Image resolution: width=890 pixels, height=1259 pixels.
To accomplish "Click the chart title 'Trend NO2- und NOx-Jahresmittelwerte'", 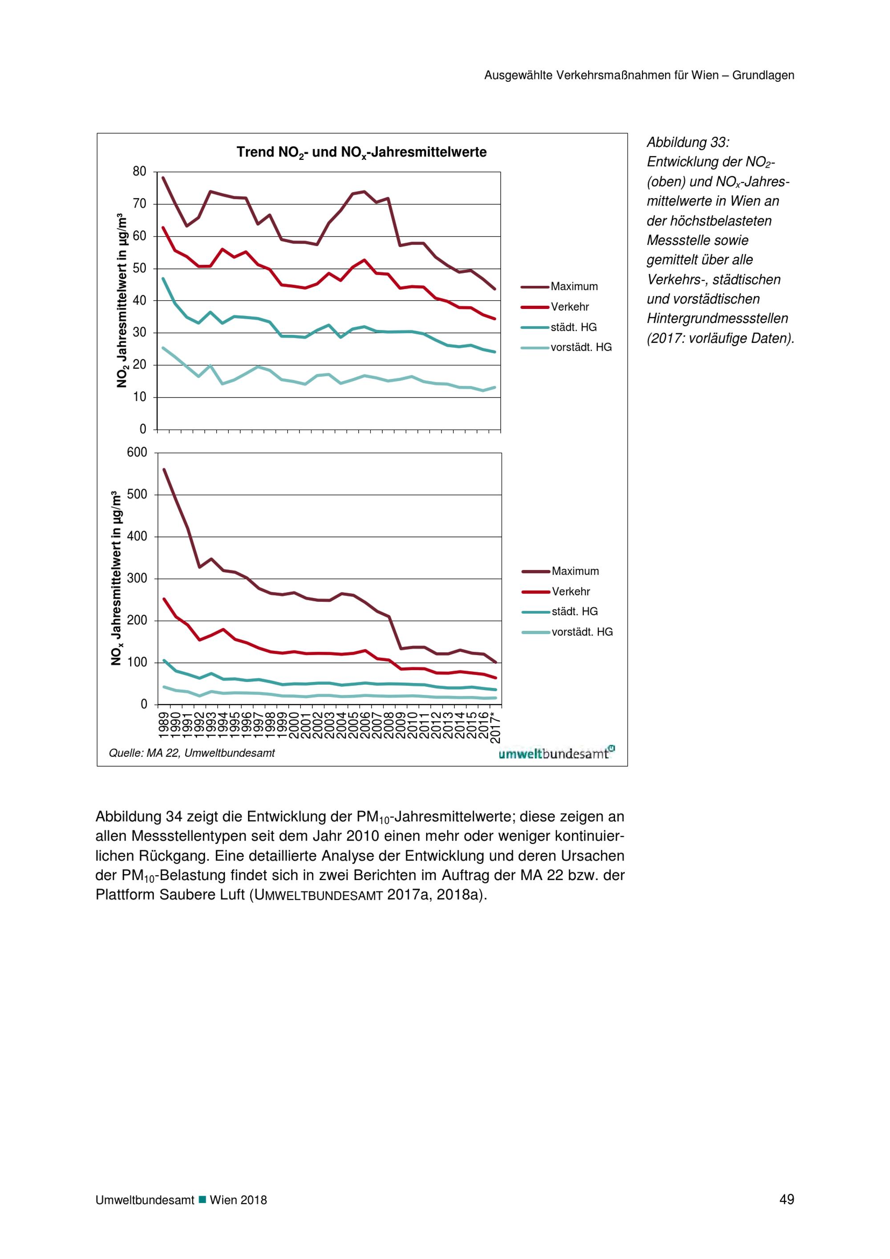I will pyautogui.click(x=361, y=152).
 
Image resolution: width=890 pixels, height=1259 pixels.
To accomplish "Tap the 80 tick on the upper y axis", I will pyautogui.click(x=140, y=172).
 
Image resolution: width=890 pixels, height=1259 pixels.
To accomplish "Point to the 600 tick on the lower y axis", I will pyautogui.click(x=137, y=452).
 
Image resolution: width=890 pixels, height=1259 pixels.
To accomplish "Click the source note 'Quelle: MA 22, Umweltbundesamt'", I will pyautogui.click(x=192, y=753).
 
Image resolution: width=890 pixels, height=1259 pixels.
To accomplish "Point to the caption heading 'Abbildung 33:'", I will pyautogui.click(x=688, y=142).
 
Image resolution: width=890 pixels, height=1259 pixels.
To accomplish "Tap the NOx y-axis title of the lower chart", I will pyautogui.click(x=116, y=578).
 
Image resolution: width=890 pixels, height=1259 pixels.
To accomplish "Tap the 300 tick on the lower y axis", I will pyautogui.click(x=137, y=578).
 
